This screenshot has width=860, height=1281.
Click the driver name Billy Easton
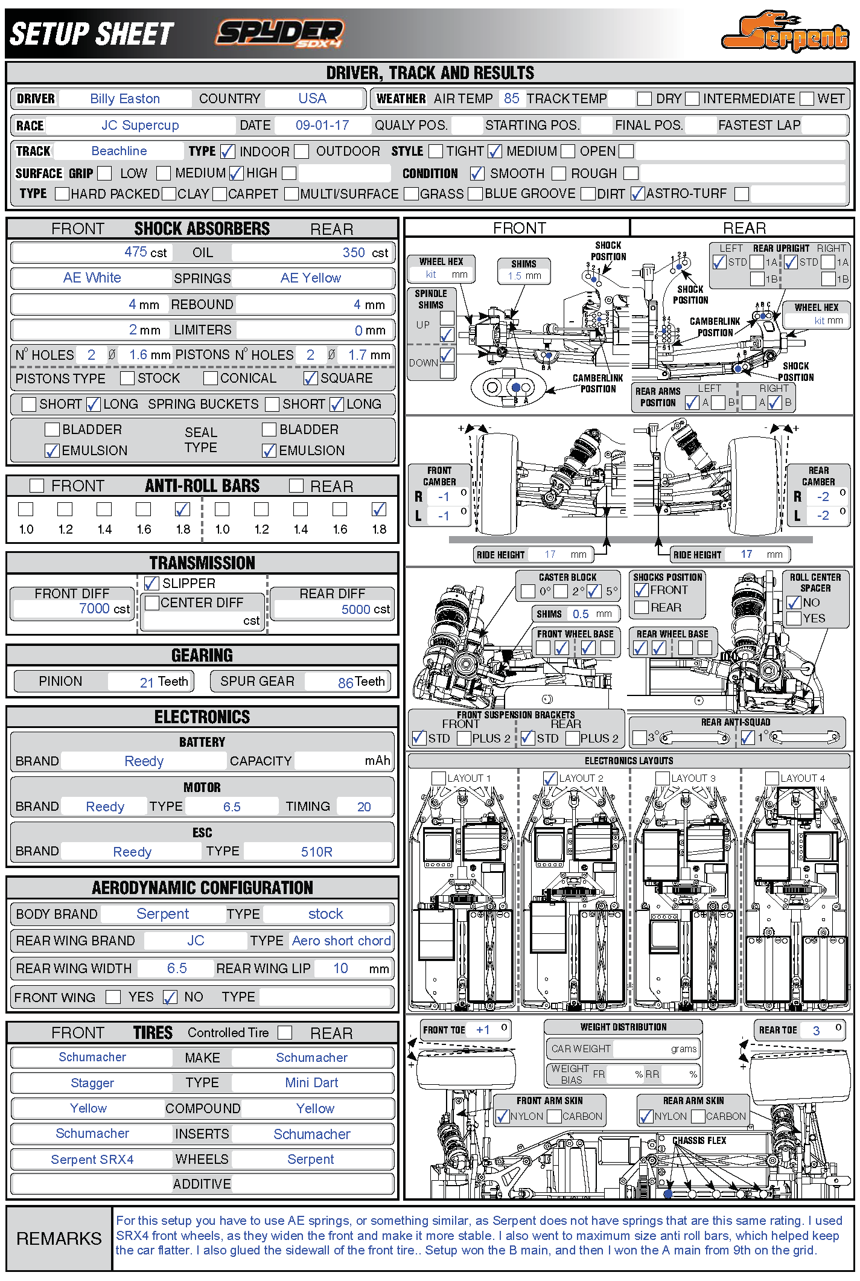125,99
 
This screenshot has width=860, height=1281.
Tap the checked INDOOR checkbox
228,151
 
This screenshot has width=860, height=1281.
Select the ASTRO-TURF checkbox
637,194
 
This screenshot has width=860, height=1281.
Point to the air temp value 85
511,98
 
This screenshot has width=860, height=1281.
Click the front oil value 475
135,252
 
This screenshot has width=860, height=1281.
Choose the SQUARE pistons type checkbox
311,379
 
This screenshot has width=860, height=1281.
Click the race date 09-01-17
322,126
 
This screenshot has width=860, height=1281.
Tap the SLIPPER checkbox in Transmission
152,583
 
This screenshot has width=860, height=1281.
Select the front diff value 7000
94,609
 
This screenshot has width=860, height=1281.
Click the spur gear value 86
345,683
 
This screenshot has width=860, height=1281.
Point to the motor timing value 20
364,807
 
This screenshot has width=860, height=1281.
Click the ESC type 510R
316,852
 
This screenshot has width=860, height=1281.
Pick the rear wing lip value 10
340,968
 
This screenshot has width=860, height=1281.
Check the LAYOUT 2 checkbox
549,779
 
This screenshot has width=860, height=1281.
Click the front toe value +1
483,1030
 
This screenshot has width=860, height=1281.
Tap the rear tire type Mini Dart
311,1083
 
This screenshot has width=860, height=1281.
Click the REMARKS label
59,1239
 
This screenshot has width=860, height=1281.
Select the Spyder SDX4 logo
280,33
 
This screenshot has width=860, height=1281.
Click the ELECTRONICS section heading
202,717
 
